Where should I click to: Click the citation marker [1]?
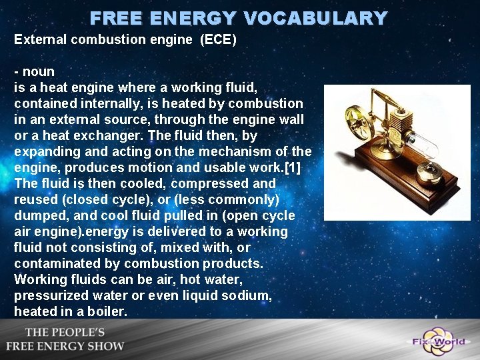point(293,167)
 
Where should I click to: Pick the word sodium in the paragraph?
point(251,295)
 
